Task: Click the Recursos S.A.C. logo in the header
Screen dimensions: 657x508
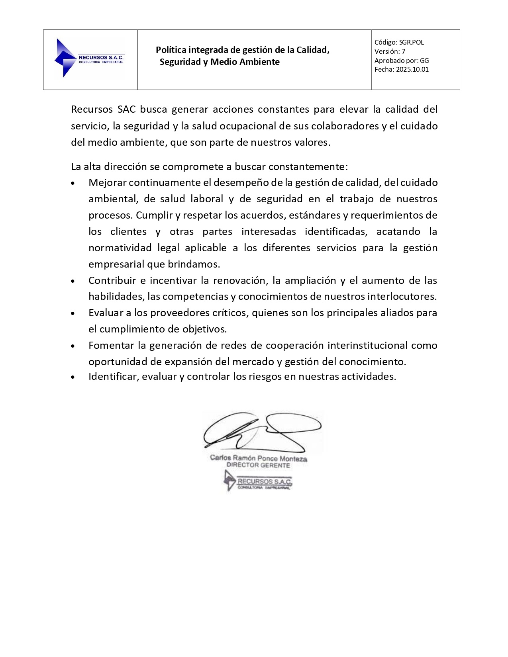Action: (x=89, y=58)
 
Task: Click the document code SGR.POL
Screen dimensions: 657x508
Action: (x=412, y=42)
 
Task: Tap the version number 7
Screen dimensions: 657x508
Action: (x=403, y=51)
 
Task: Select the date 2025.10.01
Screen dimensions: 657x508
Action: (x=412, y=69)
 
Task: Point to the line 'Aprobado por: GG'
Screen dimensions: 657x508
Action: (x=401, y=61)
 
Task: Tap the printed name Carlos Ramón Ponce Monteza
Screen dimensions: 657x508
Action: (x=259, y=458)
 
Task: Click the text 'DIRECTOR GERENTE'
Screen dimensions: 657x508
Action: (x=258, y=465)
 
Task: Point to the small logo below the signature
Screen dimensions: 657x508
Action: (x=258, y=481)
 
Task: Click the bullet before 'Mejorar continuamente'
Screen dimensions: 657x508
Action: (x=73, y=183)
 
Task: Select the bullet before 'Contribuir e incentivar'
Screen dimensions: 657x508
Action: (x=73, y=281)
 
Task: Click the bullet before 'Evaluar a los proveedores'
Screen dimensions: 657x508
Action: (x=73, y=313)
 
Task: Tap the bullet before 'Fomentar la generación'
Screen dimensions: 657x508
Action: (x=73, y=346)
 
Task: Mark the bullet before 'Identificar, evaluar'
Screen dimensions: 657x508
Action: (x=73, y=377)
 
